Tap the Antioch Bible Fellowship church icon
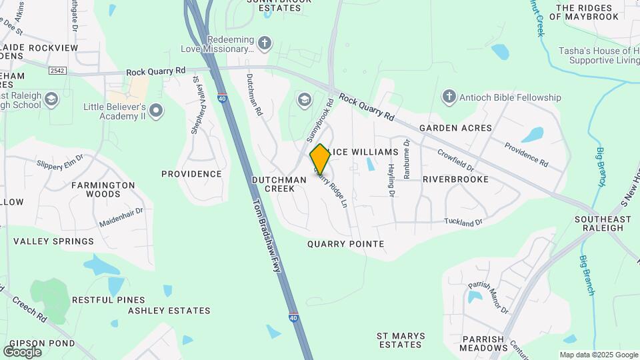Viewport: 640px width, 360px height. coord(449,97)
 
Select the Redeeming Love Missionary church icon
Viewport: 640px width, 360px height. coord(265,44)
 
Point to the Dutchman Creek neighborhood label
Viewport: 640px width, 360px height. coord(273,184)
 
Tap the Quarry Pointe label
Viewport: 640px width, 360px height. coord(345,244)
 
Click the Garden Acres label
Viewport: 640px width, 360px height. coord(455,128)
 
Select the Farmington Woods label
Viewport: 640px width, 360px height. coord(103,190)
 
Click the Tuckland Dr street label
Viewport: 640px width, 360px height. coord(463,221)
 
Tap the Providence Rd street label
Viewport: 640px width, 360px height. coord(526,155)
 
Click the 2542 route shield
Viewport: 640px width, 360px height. coord(59,69)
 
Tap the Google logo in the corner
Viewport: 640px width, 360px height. coord(22,351)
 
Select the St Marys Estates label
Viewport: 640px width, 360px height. coord(399,340)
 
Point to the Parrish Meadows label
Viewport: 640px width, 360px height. coord(483,343)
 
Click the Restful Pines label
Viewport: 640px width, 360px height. coord(108,300)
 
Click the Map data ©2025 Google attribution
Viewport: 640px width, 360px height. coord(599,355)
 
